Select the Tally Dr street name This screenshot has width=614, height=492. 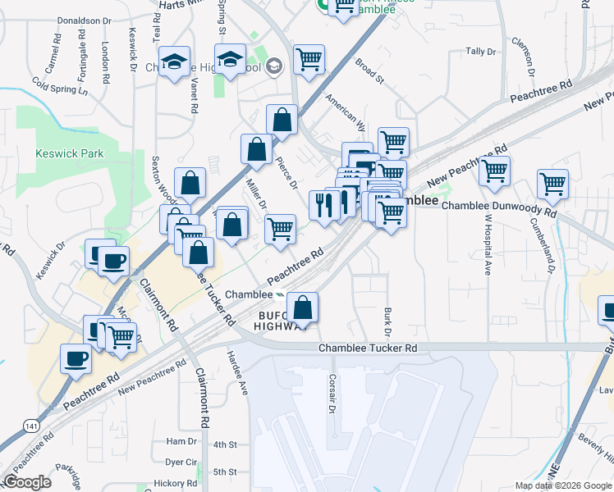[481, 51]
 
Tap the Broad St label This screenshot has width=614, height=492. [369, 71]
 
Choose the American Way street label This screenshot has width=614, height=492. [345, 112]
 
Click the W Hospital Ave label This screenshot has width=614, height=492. [488, 244]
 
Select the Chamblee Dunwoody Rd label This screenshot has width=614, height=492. [499, 206]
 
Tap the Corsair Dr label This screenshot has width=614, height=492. [332, 394]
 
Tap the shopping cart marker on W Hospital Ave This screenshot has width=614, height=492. [494, 171]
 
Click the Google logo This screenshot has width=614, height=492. [27, 482]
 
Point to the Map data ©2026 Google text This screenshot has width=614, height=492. [563, 485]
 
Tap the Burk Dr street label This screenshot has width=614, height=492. [385, 321]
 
